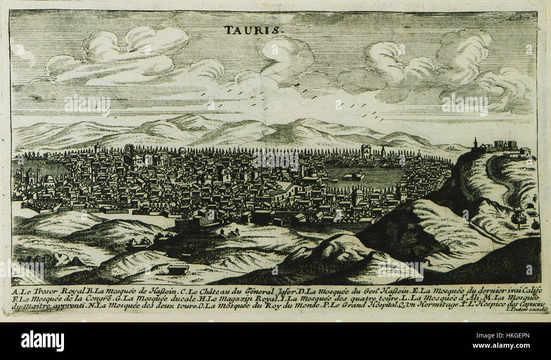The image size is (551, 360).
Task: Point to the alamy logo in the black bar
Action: (42, 341)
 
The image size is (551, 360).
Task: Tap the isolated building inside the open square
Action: (353, 175)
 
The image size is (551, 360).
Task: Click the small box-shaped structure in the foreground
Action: (178, 269)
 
